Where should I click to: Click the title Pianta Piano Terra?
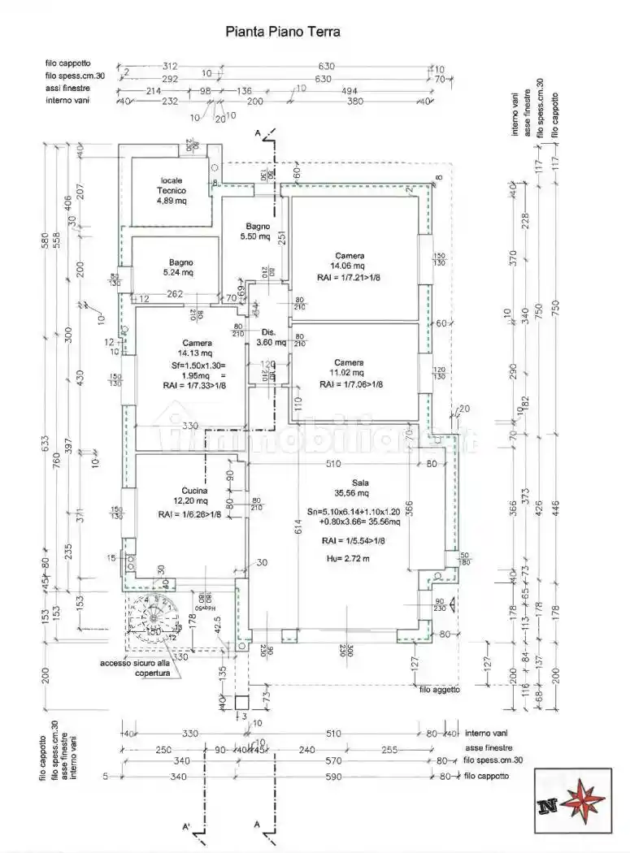(x=281, y=32)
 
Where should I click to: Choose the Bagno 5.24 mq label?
(x=181, y=267)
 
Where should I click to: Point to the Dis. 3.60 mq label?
(x=269, y=337)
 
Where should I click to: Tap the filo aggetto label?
(x=440, y=689)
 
